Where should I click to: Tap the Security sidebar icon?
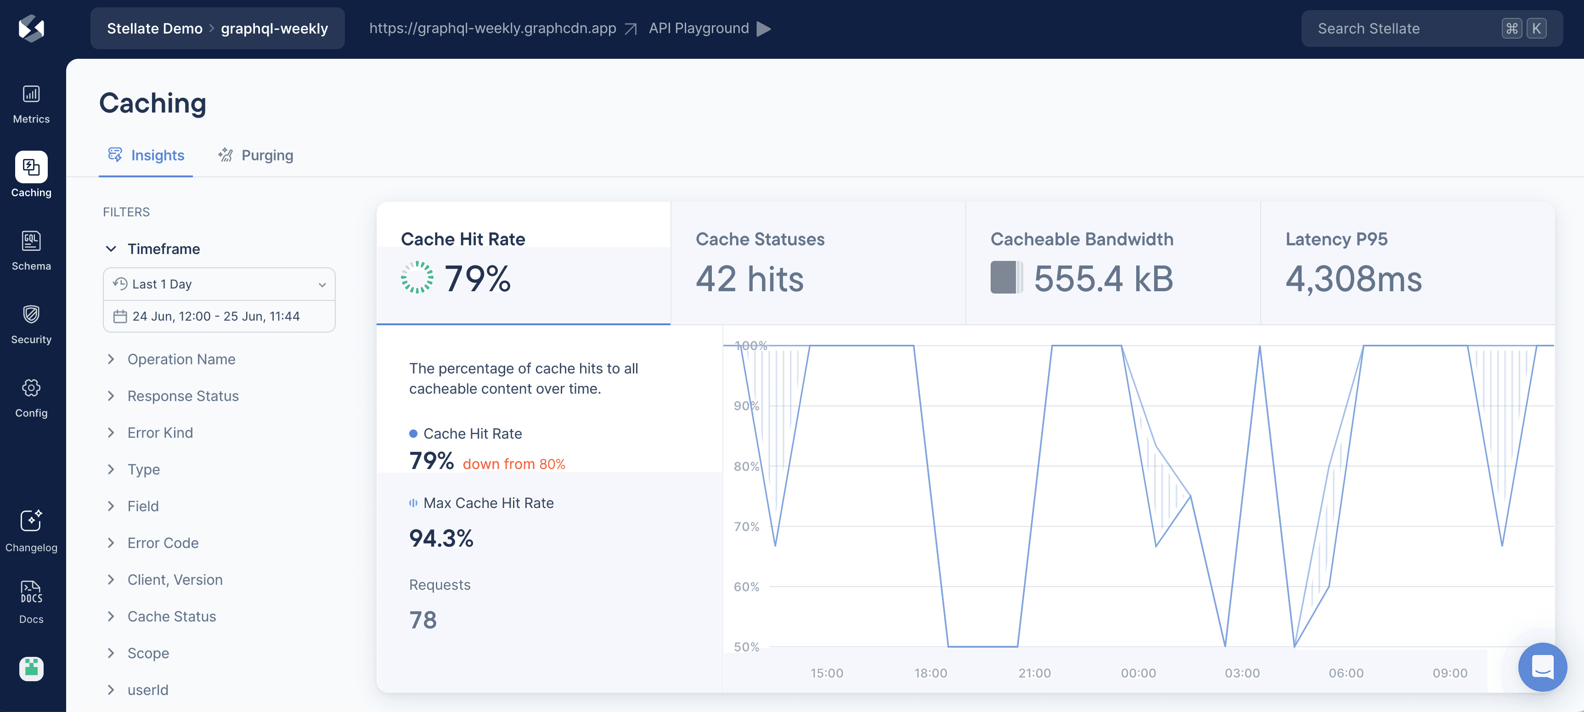31,324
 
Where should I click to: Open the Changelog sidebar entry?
31,531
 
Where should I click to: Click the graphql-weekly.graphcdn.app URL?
492,28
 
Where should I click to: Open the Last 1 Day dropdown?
219,284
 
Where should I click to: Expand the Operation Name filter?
181,359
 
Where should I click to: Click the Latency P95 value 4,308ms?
1353,279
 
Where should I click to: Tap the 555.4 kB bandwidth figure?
1103,279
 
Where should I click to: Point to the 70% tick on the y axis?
746,526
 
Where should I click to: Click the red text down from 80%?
513,464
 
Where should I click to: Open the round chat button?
1542,667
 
